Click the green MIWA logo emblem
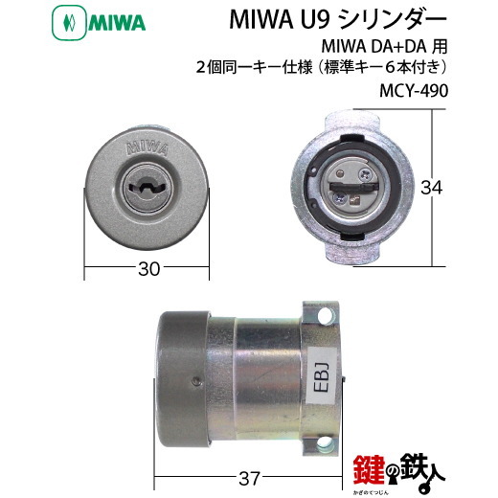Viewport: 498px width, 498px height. coord(69,24)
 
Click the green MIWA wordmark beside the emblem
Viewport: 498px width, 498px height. coord(117,24)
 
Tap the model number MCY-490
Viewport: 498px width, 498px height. coord(414,91)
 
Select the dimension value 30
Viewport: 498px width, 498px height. coord(148,269)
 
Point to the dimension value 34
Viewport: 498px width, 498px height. coord(432,188)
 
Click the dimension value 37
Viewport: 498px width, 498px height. coord(249,479)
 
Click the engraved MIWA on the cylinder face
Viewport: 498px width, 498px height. coord(147,147)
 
